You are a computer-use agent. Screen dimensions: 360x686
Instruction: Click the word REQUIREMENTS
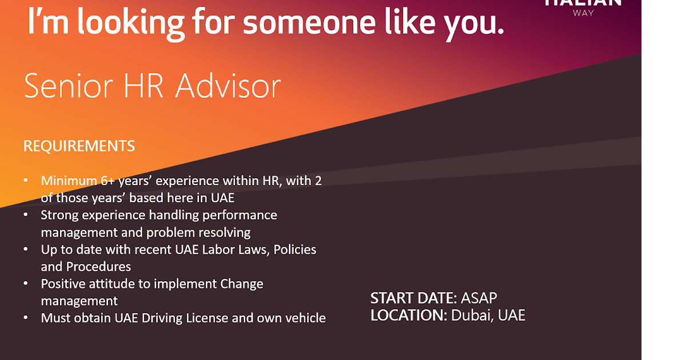(x=79, y=146)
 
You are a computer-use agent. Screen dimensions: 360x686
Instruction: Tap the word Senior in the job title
(x=61, y=87)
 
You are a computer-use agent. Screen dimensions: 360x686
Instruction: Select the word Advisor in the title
(x=228, y=87)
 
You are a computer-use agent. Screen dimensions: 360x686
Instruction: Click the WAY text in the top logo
(x=583, y=13)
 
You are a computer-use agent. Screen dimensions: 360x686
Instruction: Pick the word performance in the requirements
(x=240, y=215)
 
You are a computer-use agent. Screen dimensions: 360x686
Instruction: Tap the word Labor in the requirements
(x=217, y=250)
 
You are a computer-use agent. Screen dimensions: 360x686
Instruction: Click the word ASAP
(x=479, y=298)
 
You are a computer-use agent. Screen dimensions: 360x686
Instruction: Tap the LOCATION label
(x=408, y=315)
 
